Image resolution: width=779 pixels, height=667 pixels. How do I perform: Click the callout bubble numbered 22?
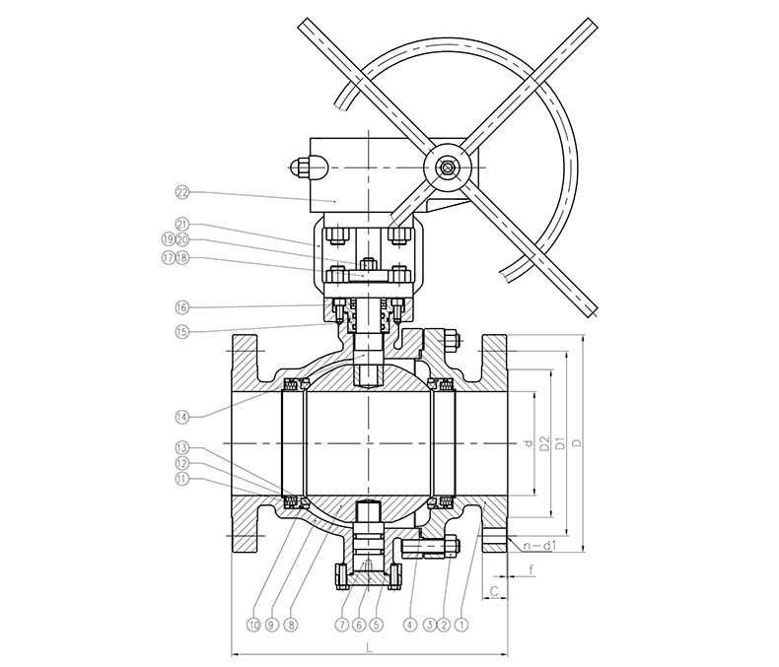182,192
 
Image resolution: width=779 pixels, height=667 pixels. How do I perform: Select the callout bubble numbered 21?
182,223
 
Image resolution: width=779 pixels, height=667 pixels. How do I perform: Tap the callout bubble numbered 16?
182,307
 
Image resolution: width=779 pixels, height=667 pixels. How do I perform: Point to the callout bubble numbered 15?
182,331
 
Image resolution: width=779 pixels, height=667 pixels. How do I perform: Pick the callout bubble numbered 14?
182,417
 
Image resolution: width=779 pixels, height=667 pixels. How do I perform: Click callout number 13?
182,448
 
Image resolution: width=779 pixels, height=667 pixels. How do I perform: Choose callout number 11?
182,479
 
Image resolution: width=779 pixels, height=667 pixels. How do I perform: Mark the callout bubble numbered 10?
253,626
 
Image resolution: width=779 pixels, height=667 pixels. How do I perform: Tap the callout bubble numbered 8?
291,626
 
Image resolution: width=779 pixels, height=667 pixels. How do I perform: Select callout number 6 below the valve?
359,626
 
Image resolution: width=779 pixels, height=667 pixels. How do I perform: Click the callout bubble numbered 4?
410,626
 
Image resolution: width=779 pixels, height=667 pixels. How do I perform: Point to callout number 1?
461,626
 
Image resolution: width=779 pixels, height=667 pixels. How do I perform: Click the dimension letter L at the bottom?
369,647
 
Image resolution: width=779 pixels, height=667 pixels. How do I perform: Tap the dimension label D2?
544,443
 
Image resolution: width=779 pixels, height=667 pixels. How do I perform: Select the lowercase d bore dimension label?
529,443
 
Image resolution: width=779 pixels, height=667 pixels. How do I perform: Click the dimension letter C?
494,590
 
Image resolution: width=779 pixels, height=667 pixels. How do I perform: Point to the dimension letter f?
531,569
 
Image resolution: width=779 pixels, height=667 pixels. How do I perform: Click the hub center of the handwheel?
446,167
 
